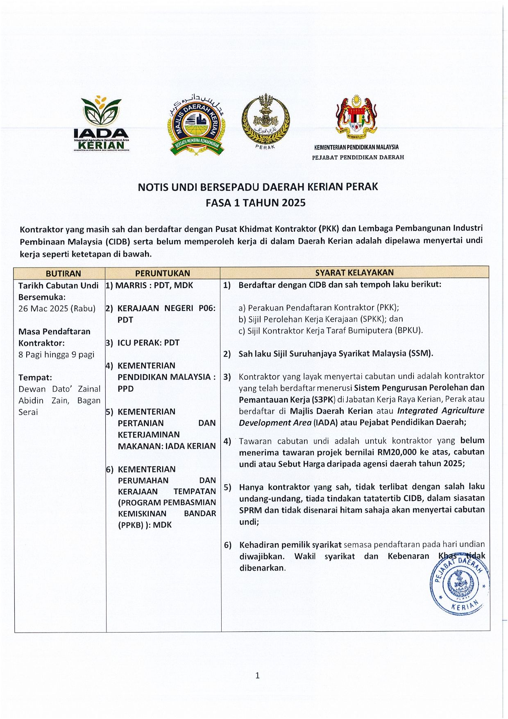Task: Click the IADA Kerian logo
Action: click(101, 123)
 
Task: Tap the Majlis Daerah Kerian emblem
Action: click(196, 127)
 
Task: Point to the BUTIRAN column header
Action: click(63, 273)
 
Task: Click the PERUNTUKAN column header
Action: click(163, 273)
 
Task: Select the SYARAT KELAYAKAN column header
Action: click(354, 272)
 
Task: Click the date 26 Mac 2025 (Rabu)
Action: click(57, 308)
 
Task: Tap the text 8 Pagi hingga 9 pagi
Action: click(56, 354)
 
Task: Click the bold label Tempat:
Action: click(35, 377)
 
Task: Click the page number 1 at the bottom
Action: click(257, 676)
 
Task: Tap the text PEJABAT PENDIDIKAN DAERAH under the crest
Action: click(358, 157)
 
